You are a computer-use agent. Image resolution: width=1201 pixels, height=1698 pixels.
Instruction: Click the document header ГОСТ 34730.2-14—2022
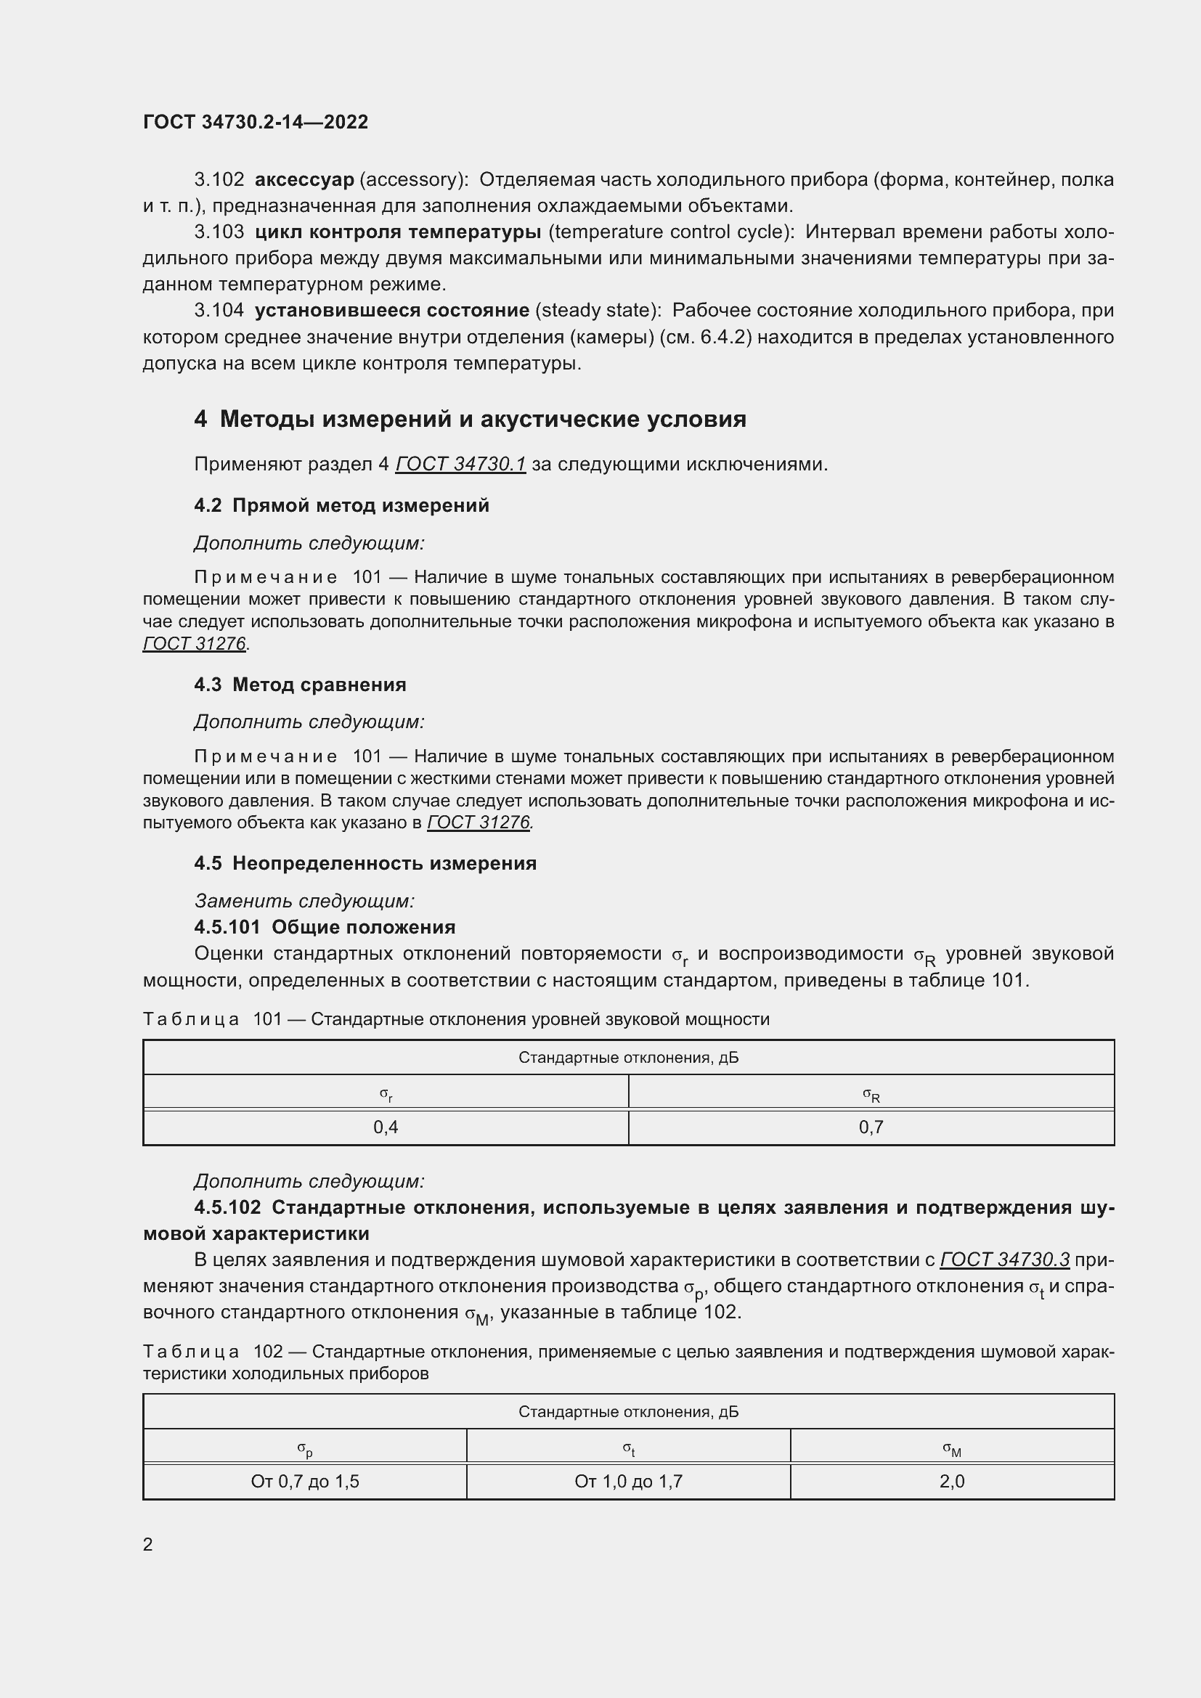pos(255,122)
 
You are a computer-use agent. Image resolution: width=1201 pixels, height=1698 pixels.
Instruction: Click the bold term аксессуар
pos(304,180)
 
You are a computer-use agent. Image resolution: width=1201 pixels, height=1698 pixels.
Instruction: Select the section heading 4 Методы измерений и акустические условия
pos(470,420)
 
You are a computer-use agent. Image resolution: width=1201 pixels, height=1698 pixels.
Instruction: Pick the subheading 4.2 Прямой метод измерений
pos(341,506)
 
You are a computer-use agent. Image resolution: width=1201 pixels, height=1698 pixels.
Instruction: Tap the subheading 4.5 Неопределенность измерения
pos(365,864)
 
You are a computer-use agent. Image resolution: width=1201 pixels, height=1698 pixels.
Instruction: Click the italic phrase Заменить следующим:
pos(304,901)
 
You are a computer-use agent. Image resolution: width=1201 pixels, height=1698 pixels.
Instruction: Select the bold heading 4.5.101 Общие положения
pos(325,927)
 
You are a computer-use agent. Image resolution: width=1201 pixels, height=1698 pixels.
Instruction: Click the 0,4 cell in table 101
pos(386,1127)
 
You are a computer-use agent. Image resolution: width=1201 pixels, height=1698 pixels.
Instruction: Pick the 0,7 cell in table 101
pos(871,1127)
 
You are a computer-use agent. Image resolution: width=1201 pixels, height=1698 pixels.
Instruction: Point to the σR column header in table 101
pos(871,1094)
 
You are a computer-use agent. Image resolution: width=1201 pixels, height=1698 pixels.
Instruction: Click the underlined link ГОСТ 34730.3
pos(1004,1260)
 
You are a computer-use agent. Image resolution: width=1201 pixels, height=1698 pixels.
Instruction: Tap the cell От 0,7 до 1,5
pos(305,1482)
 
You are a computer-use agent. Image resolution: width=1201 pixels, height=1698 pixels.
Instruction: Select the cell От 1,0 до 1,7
pos(628,1482)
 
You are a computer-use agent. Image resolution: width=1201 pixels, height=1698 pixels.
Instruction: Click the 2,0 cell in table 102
pos(952,1482)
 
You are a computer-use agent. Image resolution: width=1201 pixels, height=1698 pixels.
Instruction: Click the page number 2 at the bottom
pos(148,1544)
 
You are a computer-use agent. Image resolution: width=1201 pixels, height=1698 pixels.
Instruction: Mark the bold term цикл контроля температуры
pos(397,232)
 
